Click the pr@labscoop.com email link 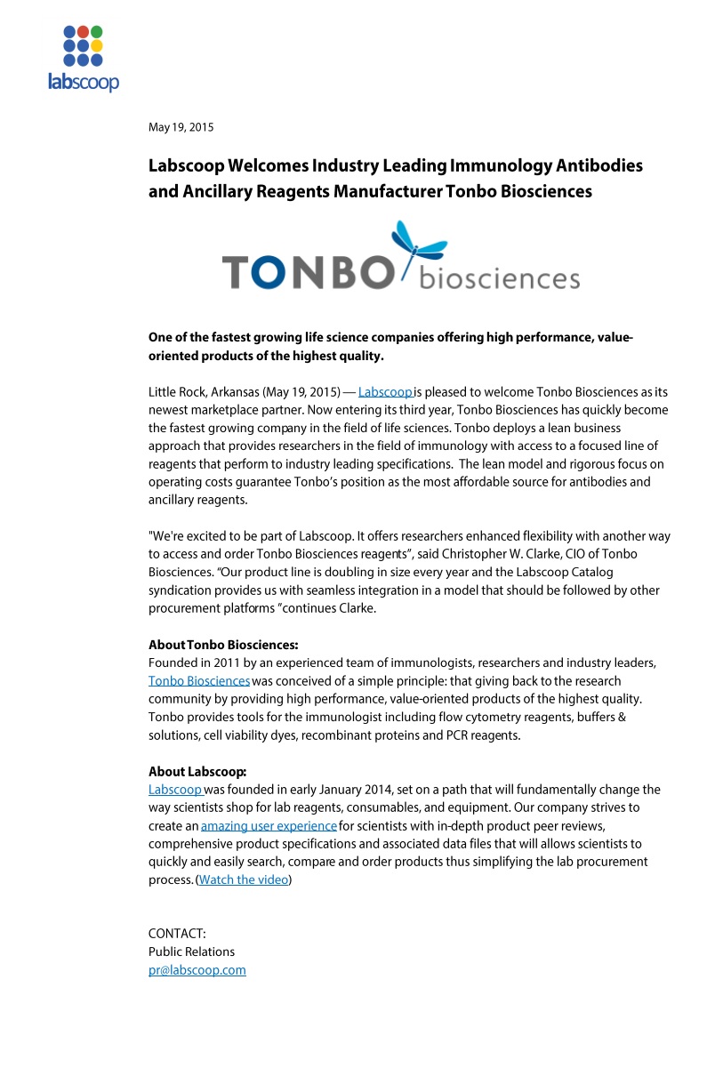tap(197, 970)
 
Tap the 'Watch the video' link tap(243, 880)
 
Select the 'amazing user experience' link tap(269, 826)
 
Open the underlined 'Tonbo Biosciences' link tap(199, 681)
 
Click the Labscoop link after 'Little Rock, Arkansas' tap(385, 392)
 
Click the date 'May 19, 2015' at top tap(181, 127)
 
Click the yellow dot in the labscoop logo tap(96, 45)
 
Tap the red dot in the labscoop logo tap(83, 32)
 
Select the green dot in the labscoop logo tap(96, 32)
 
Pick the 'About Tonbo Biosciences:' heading tap(223, 645)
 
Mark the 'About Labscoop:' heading tap(197, 772)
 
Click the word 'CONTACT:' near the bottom tap(177, 934)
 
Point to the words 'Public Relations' tap(191, 952)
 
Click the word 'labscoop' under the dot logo tap(83, 82)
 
